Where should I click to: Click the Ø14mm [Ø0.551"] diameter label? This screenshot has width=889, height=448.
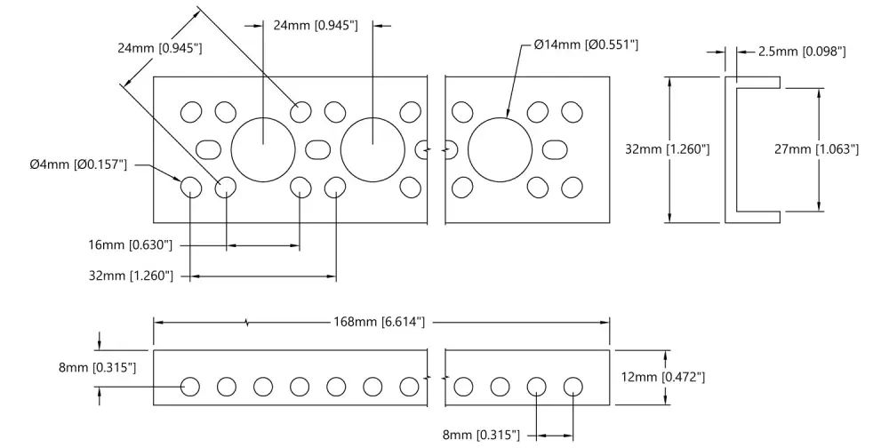click(x=586, y=44)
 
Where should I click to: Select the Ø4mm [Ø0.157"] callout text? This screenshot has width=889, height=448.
click(x=78, y=165)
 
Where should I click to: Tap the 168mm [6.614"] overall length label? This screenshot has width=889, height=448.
click(x=379, y=322)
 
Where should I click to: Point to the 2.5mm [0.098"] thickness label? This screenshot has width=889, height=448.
click(x=802, y=52)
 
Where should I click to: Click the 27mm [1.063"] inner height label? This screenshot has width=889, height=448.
click(x=816, y=149)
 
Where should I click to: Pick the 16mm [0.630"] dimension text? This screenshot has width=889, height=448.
click(x=130, y=245)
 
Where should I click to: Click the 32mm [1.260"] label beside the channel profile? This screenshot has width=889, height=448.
click(x=668, y=149)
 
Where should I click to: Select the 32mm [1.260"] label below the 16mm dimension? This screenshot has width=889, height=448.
click(x=131, y=276)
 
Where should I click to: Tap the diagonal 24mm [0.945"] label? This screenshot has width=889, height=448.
click(x=160, y=48)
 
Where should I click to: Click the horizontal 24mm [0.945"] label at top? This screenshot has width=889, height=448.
click(x=316, y=26)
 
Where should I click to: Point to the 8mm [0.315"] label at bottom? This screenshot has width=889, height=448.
click(x=481, y=435)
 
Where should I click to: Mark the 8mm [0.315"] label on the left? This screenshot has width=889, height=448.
click(x=97, y=367)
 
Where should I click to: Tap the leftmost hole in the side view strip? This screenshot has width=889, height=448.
click(x=190, y=387)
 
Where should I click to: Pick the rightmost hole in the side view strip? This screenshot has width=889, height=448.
click(x=573, y=387)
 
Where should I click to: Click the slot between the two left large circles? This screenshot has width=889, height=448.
click(x=318, y=149)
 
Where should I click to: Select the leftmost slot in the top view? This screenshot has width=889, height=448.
click(x=209, y=149)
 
